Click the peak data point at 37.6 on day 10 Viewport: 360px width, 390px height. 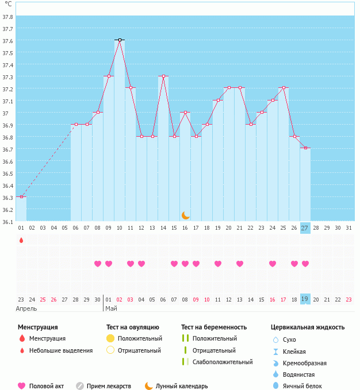[x=120, y=40]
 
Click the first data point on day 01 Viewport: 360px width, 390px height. [x=21, y=197]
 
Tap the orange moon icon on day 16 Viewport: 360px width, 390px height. [x=185, y=215]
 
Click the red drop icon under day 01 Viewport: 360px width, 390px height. [x=21, y=240]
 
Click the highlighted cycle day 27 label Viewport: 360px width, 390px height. [x=305, y=228]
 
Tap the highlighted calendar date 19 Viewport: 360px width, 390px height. [x=305, y=299]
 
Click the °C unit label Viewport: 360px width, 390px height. [x=8, y=4]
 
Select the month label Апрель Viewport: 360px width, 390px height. [x=26, y=308]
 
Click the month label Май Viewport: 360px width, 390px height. [x=111, y=308]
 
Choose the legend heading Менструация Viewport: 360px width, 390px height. [x=37, y=327]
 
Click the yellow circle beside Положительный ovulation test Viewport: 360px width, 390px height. [x=110, y=338]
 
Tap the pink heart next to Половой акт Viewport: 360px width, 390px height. [x=21, y=386]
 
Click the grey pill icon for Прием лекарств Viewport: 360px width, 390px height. [x=80, y=386]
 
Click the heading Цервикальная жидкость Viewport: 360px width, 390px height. [x=308, y=327]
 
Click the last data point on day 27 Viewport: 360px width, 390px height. [x=305, y=148]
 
